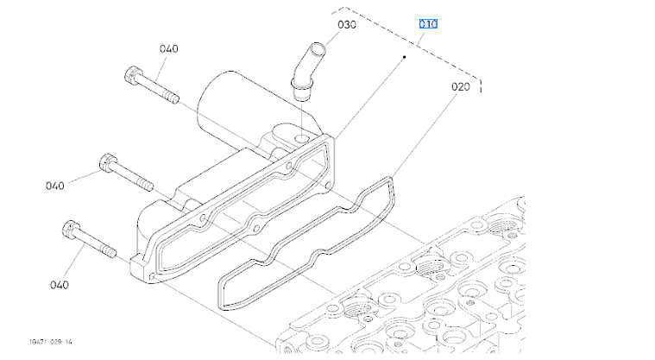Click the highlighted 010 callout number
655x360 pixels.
(428, 23)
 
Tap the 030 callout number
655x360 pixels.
(347, 24)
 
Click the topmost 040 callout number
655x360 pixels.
(168, 48)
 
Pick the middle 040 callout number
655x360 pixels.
(55, 185)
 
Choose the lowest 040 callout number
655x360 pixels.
(59, 284)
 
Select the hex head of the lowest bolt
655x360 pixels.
(72, 231)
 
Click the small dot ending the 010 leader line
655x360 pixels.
(405, 57)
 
